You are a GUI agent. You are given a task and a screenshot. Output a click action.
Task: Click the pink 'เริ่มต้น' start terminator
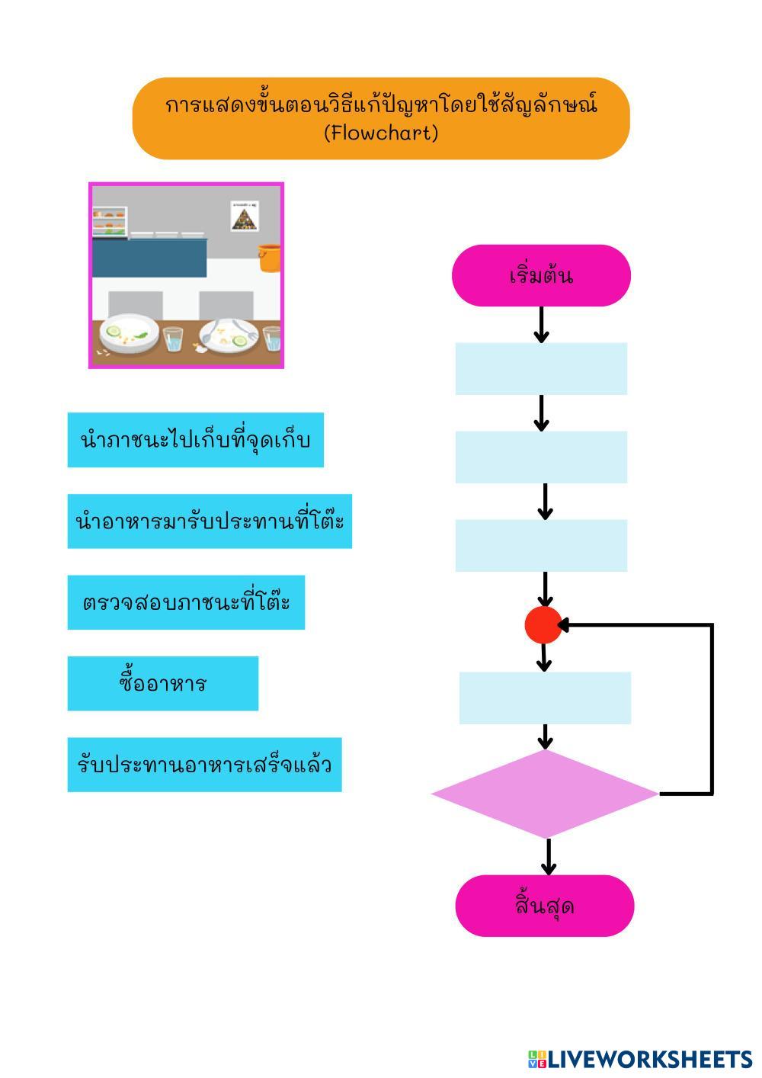tap(541, 275)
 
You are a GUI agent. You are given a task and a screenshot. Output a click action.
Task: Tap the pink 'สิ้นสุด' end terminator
tap(545, 906)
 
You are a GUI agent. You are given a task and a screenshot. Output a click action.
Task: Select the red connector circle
tap(543, 625)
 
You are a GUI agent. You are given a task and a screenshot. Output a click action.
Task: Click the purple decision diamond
tap(545, 794)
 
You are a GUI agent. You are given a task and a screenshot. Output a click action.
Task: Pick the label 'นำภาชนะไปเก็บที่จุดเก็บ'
tap(195, 440)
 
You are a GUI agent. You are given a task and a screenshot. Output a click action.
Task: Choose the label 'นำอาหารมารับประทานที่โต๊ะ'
tap(210, 521)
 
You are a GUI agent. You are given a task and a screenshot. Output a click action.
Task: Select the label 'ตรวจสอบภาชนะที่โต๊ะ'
tap(186, 602)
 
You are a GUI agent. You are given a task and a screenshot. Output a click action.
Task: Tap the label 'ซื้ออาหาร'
tap(162, 683)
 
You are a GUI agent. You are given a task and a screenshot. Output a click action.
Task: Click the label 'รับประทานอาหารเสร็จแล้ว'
tap(204, 765)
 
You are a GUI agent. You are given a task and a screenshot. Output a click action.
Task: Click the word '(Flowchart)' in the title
tap(381, 133)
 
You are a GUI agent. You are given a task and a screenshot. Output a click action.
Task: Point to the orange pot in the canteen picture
tap(269, 258)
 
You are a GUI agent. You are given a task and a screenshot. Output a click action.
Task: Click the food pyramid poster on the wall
tap(245, 216)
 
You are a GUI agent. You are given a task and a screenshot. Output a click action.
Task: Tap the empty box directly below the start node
tap(541, 369)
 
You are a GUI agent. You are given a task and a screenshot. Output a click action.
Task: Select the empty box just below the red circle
tap(545, 698)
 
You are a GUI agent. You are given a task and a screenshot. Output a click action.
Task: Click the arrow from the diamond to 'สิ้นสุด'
tap(548, 856)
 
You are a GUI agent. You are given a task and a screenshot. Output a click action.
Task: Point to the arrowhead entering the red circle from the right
tap(565, 625)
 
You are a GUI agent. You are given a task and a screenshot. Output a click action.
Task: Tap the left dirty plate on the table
tap(130, 333)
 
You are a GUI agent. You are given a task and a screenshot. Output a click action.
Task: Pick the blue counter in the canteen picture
tap(149, 258)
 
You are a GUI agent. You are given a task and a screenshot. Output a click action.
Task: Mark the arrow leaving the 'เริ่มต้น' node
tap(541, 325)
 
